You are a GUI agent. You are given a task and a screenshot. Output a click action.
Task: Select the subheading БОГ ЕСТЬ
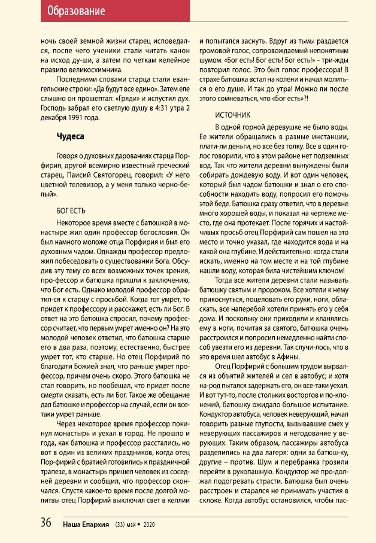click(x=71, y=211)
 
